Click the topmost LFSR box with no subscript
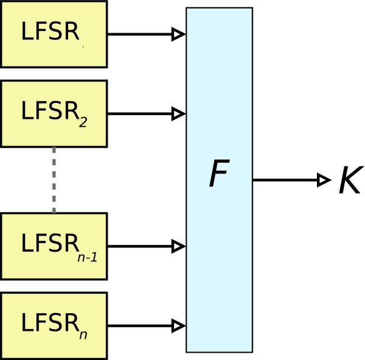54,34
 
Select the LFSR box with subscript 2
54,114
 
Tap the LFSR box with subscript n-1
54,246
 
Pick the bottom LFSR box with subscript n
54,325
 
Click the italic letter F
219,175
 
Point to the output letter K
349,180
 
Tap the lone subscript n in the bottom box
83,333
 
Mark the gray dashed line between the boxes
54,180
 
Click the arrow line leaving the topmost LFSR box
140,34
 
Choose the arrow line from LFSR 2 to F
140,113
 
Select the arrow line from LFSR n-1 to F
140,246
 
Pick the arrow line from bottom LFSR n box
140,325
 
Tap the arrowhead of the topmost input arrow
178,34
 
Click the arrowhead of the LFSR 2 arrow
178,113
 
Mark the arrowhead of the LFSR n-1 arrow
178,246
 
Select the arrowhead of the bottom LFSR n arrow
178,325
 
